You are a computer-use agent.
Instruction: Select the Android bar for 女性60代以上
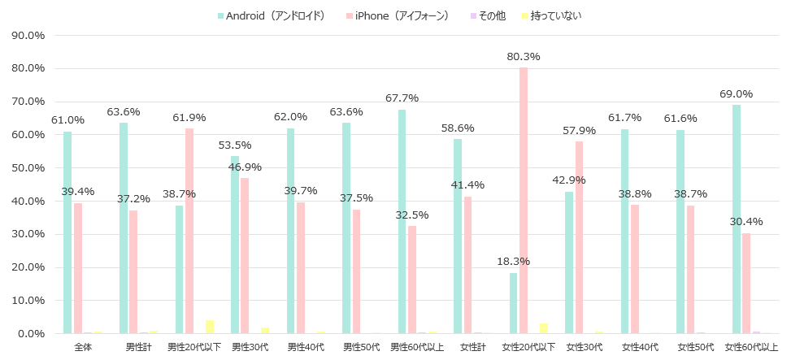[737, 219]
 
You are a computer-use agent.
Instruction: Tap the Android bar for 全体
[67, 232]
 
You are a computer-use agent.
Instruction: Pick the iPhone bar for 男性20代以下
[189, 231]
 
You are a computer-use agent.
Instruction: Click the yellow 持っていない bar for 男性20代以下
[210, 327]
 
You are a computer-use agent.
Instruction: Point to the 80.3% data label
[524, 57]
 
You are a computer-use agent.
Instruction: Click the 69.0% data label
[736, 94]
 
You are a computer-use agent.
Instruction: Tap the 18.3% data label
[514, 262]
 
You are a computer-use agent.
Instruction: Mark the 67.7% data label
[402, 98]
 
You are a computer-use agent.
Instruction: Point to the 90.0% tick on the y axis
[27, 35]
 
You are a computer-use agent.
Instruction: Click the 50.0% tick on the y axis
[27, 168]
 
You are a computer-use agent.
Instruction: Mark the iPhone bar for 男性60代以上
[412, 280]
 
